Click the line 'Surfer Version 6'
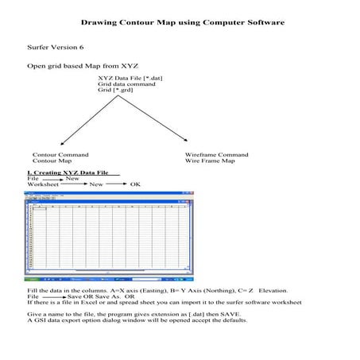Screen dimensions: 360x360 pos(56,48)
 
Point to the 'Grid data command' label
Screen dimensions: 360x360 pos(126,84)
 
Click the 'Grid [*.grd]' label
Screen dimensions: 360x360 pos(116,91)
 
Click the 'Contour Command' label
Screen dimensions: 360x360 pos(60,155)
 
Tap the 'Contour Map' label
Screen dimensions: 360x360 pos(52,161)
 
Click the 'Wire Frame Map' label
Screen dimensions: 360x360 pos(210,161)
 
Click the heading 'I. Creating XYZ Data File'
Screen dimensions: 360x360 pos(68,172)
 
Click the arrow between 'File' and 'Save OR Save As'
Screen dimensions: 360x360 pos(54,297)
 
